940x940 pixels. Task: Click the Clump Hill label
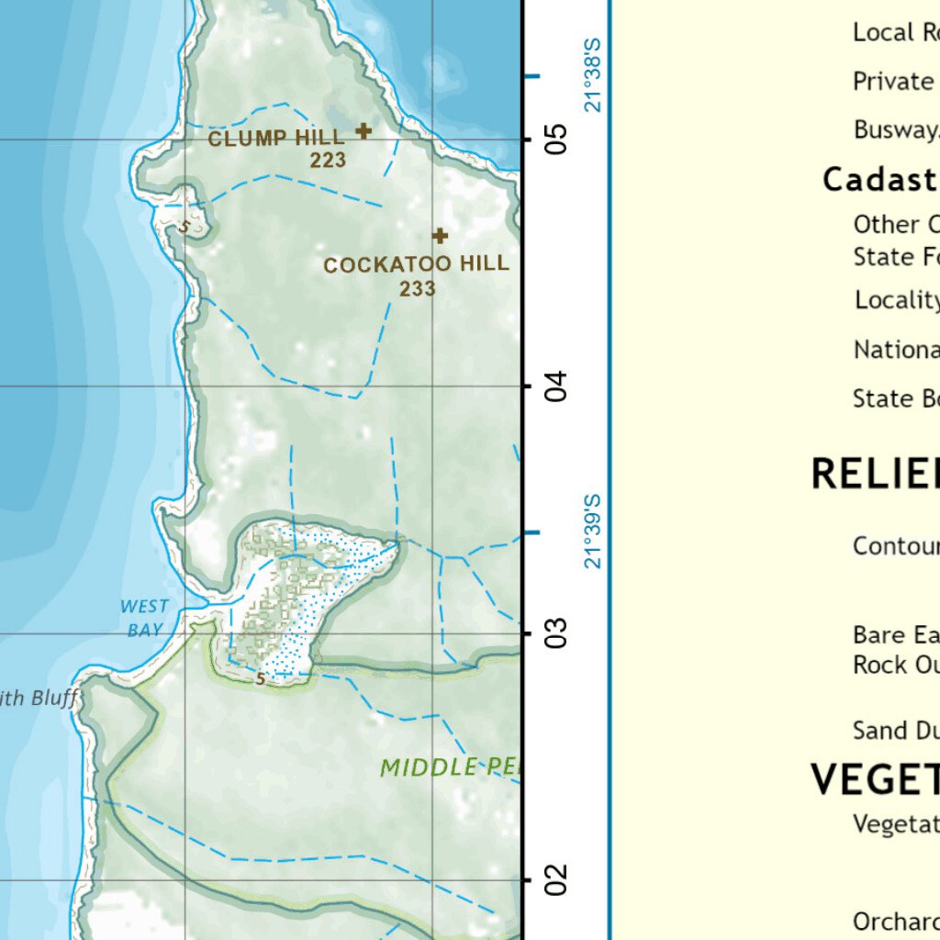point(276,139)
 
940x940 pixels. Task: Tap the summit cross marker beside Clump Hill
point(364,130)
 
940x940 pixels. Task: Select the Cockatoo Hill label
point(416,264)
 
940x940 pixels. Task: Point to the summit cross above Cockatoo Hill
point(440,236)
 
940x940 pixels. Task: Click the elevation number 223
point(328,161)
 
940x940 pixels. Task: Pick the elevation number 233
point(417,289)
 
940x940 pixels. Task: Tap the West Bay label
point(144,618)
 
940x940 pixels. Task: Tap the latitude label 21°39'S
point(593,532)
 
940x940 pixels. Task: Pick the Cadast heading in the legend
point(880,180)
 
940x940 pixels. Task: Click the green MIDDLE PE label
point(450,767)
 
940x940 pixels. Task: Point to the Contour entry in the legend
point(896,546)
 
